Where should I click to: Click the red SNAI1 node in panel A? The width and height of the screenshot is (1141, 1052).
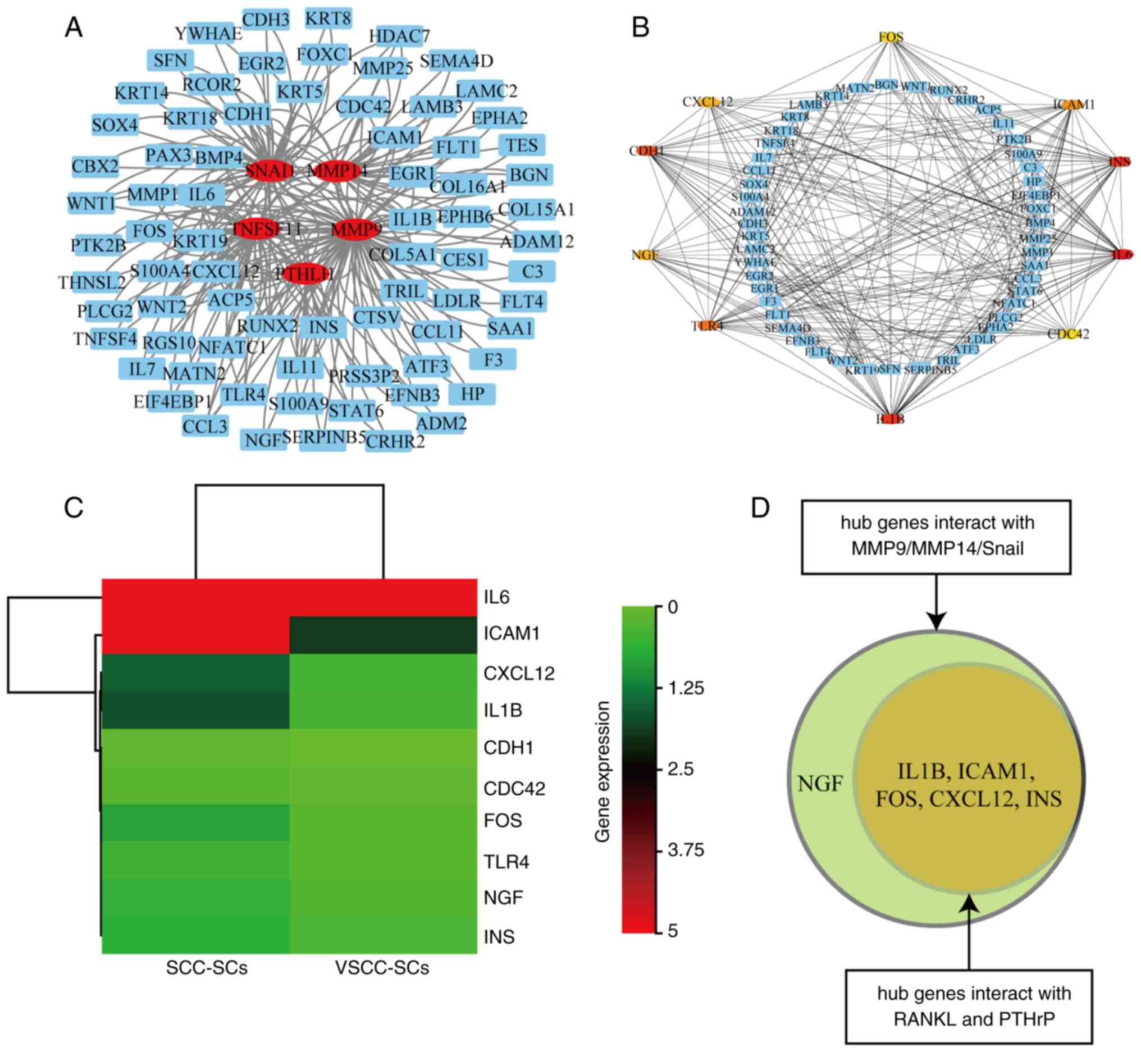[x=270, y=170]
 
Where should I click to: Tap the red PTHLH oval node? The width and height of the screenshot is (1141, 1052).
[x=307, y=274]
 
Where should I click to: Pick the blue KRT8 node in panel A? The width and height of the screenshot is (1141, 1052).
[x=328, y=19]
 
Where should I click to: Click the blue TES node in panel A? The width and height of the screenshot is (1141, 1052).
[x=522, y=146]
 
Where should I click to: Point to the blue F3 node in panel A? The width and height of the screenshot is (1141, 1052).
[x=493, y=360]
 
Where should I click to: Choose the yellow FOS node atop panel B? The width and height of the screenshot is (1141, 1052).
[x=891, y=38]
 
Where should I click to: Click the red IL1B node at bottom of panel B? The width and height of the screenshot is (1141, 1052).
[x=891, y=419]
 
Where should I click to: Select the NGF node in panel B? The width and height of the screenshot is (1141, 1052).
[x=645, y=255]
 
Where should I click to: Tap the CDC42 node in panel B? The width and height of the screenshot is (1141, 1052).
[x=1069, y=334]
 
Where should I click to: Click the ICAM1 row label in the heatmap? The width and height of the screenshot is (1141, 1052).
[x=512, y=633]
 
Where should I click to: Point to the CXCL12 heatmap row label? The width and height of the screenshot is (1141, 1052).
[x=519, y=674]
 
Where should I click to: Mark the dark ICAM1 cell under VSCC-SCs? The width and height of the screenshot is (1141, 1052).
[x=382, y=635]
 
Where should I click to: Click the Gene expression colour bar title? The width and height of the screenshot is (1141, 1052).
[x=603, y=771]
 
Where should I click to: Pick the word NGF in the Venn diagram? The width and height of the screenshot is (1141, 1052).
[x=820, y=784]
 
